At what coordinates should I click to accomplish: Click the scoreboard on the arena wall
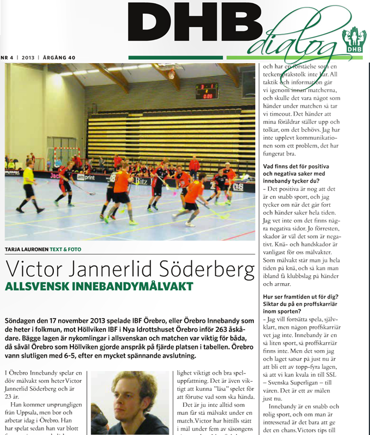(207, 90)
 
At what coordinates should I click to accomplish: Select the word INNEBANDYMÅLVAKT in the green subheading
(121, 286)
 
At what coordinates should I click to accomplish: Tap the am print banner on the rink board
(85, 177)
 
